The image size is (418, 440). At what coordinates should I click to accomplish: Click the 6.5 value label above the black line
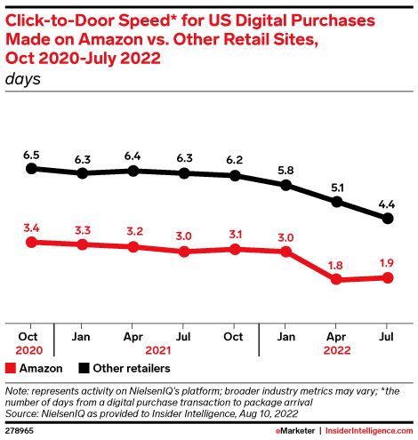[32, 153]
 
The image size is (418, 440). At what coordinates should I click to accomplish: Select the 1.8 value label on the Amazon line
[337, 264]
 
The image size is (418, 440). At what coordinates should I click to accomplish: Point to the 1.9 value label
[388, 262]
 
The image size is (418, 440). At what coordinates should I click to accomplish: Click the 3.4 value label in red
[32, 227]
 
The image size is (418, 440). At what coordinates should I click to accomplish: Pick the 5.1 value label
[337, 187]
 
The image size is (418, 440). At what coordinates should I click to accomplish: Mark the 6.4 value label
[133, 156]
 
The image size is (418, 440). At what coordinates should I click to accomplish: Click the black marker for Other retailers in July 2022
[388, 218]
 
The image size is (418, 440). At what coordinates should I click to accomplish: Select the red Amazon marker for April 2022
[337, 279]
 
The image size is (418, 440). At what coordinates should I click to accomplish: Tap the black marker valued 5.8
[286, 185]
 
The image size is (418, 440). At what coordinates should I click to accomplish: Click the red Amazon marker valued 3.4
[32, 242]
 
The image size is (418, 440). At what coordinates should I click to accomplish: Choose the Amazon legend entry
[34, 367]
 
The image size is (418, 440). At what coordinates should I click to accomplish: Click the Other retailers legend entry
[120, 367]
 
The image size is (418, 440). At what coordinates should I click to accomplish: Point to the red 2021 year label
[158, 349]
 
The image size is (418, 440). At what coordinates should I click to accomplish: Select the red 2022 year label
[337, 349]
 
